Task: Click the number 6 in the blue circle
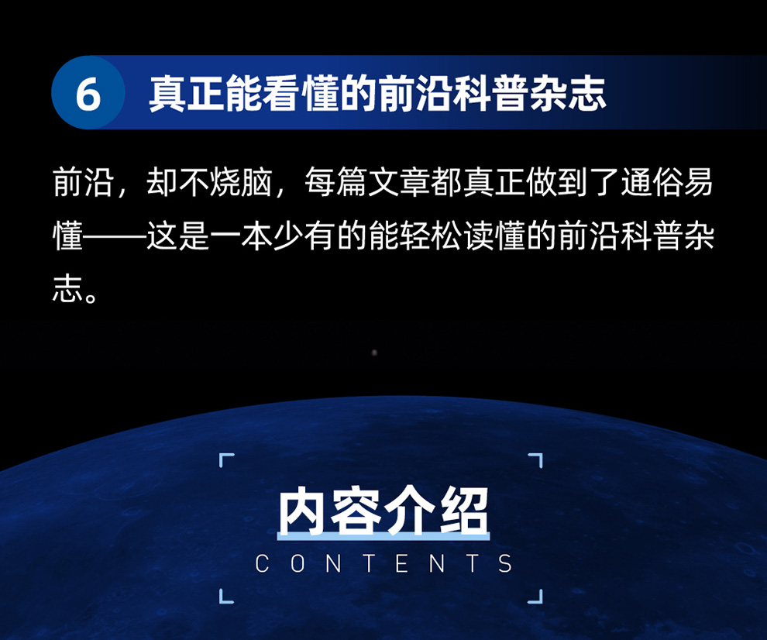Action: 88,94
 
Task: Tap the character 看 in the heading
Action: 280,93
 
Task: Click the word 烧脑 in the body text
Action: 241,183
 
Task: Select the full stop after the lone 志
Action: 91,297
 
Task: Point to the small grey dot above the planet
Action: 374,353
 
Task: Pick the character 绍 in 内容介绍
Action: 464,511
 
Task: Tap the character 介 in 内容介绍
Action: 409,511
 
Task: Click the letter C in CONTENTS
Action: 262,563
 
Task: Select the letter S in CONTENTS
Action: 505,563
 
